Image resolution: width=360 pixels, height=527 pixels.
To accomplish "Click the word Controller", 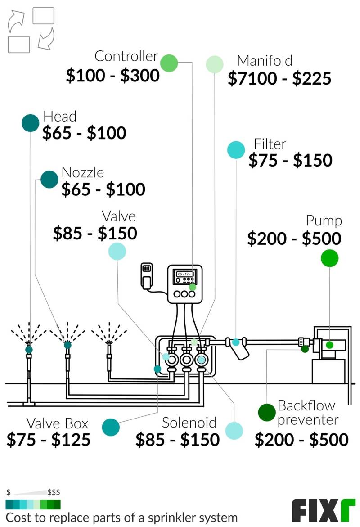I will click(126, 56).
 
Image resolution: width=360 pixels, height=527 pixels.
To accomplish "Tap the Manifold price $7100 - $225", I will click(279, 79).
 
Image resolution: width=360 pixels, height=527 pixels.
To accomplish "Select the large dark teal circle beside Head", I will click(31, 123).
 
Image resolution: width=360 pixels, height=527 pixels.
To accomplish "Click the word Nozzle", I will click(82, 172).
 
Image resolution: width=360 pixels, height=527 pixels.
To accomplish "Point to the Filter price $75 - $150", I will click(290, 161).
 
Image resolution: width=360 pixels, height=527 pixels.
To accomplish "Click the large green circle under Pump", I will click(329, 258).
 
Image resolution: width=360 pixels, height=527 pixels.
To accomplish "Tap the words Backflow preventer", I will click(307, 413).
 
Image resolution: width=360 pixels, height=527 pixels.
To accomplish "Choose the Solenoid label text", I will click(189, 423).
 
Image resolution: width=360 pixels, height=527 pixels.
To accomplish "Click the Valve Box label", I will click(57, 423).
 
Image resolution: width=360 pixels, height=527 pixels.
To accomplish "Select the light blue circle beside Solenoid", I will click(234, 431).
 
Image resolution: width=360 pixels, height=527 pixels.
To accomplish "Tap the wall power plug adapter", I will click(146, 275).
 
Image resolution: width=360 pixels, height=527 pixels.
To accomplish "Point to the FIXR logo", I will click(324, 510).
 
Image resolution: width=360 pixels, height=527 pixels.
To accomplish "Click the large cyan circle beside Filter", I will click(236, 150).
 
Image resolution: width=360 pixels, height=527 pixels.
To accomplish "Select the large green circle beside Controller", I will click(169, 63).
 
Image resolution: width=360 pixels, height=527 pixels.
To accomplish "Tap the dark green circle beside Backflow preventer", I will click(267, 412).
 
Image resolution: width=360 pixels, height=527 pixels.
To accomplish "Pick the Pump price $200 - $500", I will click(294, 239).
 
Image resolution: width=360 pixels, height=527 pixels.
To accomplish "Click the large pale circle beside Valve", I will click(117, 251).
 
